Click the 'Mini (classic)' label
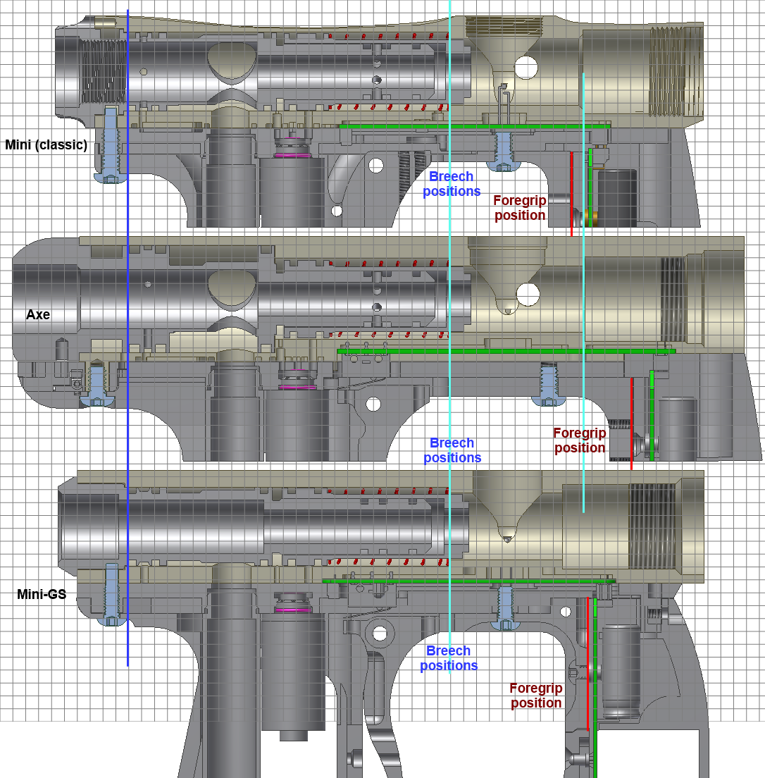click(x=46, y=145)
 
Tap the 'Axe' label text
click(x=38, y=314)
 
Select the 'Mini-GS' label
click(x=42, y=594)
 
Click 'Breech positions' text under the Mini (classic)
click(x=452, y=184)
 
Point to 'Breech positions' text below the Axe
click(x=452, y=450)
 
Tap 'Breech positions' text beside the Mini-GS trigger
click(x=449, y=658)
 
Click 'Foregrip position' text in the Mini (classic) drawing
click(x=520, y=208)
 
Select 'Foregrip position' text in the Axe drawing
click(x=580, y=440)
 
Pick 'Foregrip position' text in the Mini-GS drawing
click(x=536, y=695)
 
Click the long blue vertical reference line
click(x=128, y=338)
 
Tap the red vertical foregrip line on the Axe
click(x=632, y=424)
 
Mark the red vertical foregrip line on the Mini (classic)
click(x=571, y=194)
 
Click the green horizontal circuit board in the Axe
click(x=506, y=351)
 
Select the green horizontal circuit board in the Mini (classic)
click(x=475, y=127)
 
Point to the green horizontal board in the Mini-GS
click(x=469, y=581)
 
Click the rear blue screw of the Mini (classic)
click(x=111, y=145)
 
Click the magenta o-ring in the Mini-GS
click(x=293, y=610)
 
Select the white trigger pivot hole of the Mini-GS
click(x=380, y=633)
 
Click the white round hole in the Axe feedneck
click(x=528, y=295)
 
